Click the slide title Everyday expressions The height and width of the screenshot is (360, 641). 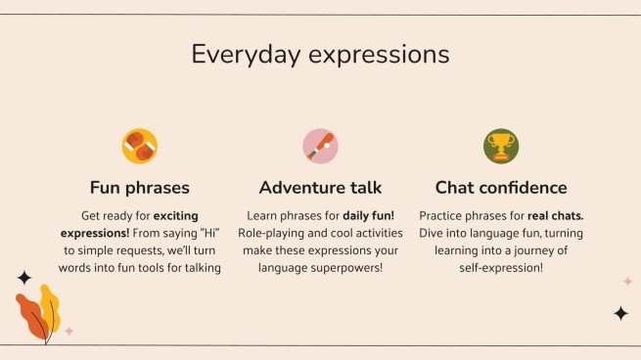click(x=320, y=53)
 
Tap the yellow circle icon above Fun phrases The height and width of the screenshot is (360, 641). click(x=140, y=147)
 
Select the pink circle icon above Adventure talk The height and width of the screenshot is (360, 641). click(x=320, y=147)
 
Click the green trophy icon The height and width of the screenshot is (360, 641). click(x=500, y=147)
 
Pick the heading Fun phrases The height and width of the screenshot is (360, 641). click(x=140, y=187)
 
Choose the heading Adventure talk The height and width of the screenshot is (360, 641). click(x=320, y=187)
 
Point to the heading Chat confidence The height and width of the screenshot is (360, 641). click(x=500, y=187)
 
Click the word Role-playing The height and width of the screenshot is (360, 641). click(x=275, y=233)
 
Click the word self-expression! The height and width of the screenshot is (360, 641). click(x=500, y=268)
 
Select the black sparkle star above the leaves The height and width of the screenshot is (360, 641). click(x=24, y=278)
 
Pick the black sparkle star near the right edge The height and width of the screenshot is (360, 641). click(x=619, y=313)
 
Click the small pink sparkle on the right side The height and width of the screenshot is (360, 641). click(x=627, y=282)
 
